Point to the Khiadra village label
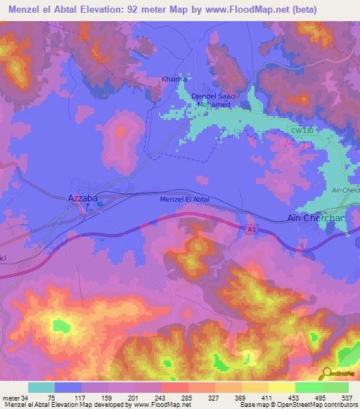174,79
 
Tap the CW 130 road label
303,131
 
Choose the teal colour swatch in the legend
41,387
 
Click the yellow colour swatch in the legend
281,387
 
